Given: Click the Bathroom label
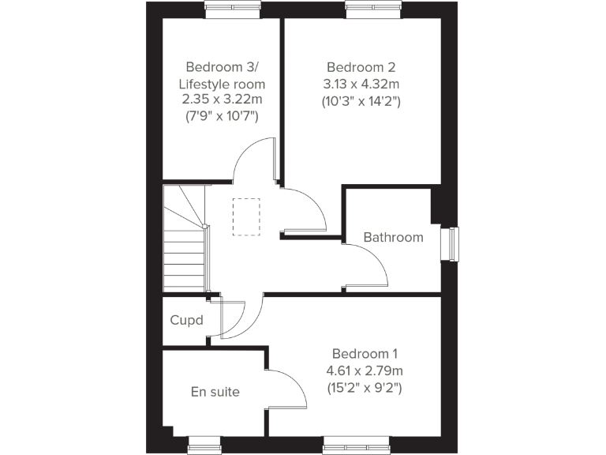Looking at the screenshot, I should click(393, 237).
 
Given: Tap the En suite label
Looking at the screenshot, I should click(215, 392).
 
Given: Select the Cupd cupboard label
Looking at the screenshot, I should click(187, 321).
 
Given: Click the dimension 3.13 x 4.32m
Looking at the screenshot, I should click(361, 84).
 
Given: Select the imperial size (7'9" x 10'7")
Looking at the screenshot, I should click(221, 117).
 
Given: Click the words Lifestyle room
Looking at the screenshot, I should click(222, 84).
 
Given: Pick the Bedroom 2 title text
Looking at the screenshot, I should click(361, 66).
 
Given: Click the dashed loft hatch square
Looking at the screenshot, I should click(246, 216).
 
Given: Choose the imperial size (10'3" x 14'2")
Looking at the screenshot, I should click(361, 101).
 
